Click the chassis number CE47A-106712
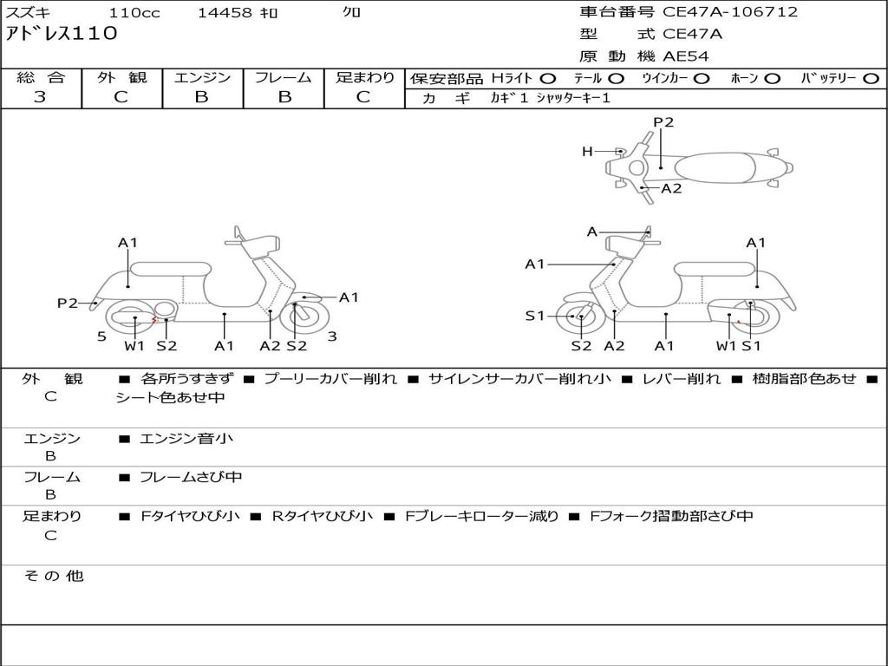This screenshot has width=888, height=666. coord(730,12)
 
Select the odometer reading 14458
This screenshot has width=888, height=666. coord(225,13)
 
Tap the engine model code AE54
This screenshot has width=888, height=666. coord(686,56)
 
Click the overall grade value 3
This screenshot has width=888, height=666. coord(40,97)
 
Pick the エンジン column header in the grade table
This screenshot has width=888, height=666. coord(202,77)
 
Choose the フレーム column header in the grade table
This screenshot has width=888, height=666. coord(284,77)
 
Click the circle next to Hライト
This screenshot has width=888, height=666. coord(548,78)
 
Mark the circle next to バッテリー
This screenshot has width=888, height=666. coord(871,78)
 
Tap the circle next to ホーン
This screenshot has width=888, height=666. coord(773,78)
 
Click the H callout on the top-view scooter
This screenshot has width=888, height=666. coord(587,152)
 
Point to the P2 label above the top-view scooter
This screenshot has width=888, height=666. coord(663,122)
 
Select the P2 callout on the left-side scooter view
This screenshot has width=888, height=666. coord(68,303)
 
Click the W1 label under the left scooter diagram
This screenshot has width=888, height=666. coord(134,346)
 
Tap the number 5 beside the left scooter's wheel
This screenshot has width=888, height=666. coord(101,336)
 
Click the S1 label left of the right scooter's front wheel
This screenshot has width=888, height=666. coord(535,316)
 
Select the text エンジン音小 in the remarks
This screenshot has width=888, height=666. coord(186,439)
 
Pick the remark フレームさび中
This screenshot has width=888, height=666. coord(191,477)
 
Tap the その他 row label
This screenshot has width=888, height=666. coord(53,576)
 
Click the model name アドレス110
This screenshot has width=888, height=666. coord(62,34)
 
